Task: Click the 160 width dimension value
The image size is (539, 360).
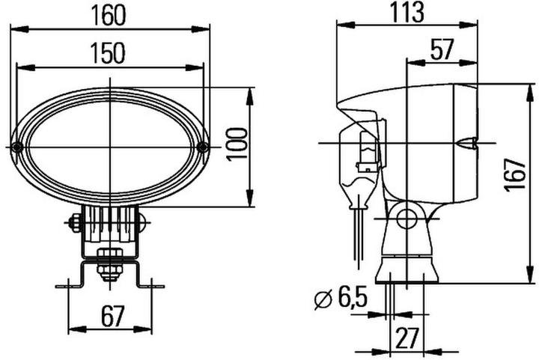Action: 109,14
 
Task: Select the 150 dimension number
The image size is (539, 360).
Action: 109,53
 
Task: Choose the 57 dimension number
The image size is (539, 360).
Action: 442,51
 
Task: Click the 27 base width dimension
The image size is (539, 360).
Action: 406,338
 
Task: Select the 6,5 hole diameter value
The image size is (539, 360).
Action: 350,300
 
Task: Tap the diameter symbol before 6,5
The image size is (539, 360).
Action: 321,301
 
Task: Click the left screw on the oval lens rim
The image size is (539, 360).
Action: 16,147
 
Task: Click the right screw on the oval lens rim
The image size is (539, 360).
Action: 204,147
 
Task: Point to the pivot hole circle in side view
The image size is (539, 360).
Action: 406,218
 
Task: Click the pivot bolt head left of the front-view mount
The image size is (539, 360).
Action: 74,222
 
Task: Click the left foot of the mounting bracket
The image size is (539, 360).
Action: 67,284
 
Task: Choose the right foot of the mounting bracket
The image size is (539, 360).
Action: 154,284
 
